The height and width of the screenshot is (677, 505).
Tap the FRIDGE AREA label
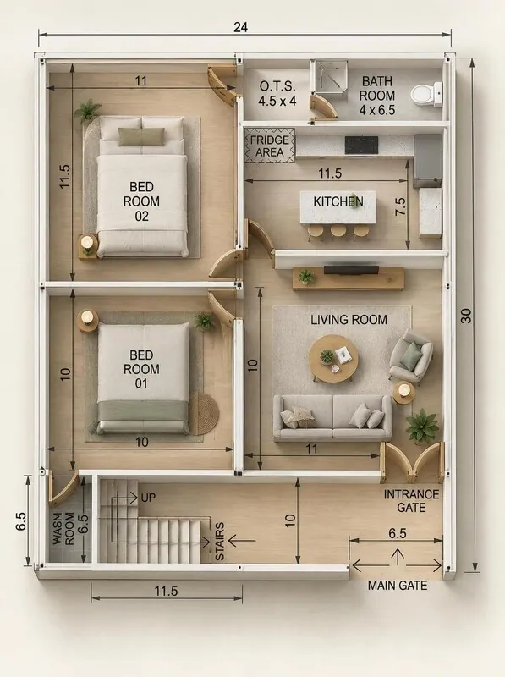270,146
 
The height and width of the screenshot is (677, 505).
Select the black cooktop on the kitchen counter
361,145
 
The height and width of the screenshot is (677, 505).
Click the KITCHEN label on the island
338,201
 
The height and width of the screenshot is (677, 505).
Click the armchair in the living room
410,355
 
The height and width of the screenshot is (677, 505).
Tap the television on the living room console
351,270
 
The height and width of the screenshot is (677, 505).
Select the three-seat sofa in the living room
332,417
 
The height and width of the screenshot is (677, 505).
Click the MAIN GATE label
398,586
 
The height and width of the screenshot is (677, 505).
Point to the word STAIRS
220,542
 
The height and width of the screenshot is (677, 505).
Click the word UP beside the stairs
148,498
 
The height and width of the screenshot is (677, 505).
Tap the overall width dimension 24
241,27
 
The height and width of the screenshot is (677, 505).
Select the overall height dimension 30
467,316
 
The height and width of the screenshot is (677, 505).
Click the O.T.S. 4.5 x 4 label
277,93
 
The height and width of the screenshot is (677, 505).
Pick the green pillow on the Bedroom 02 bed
141,136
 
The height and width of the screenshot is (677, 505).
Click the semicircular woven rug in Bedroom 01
205,413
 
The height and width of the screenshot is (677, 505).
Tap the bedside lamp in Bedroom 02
88,243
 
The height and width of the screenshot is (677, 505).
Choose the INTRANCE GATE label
411,501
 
